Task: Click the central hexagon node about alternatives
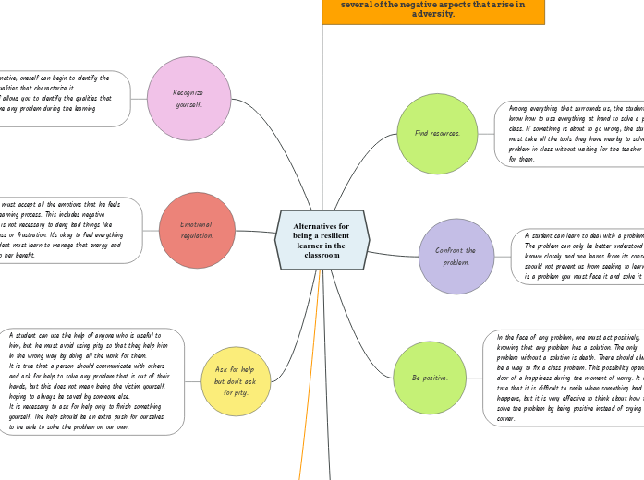[322, 240]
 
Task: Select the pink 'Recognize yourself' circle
[188, 98]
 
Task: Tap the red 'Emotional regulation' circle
[196, 230]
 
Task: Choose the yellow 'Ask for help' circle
[236, 380]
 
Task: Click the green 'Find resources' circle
[437, 134]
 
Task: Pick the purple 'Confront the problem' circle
[456, 256]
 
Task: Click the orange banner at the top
[432, 10]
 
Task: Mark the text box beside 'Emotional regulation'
[68, 230]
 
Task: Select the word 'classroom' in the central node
[322, 255]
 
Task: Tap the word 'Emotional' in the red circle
[196, 224]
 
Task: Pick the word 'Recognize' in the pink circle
[188, 92]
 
